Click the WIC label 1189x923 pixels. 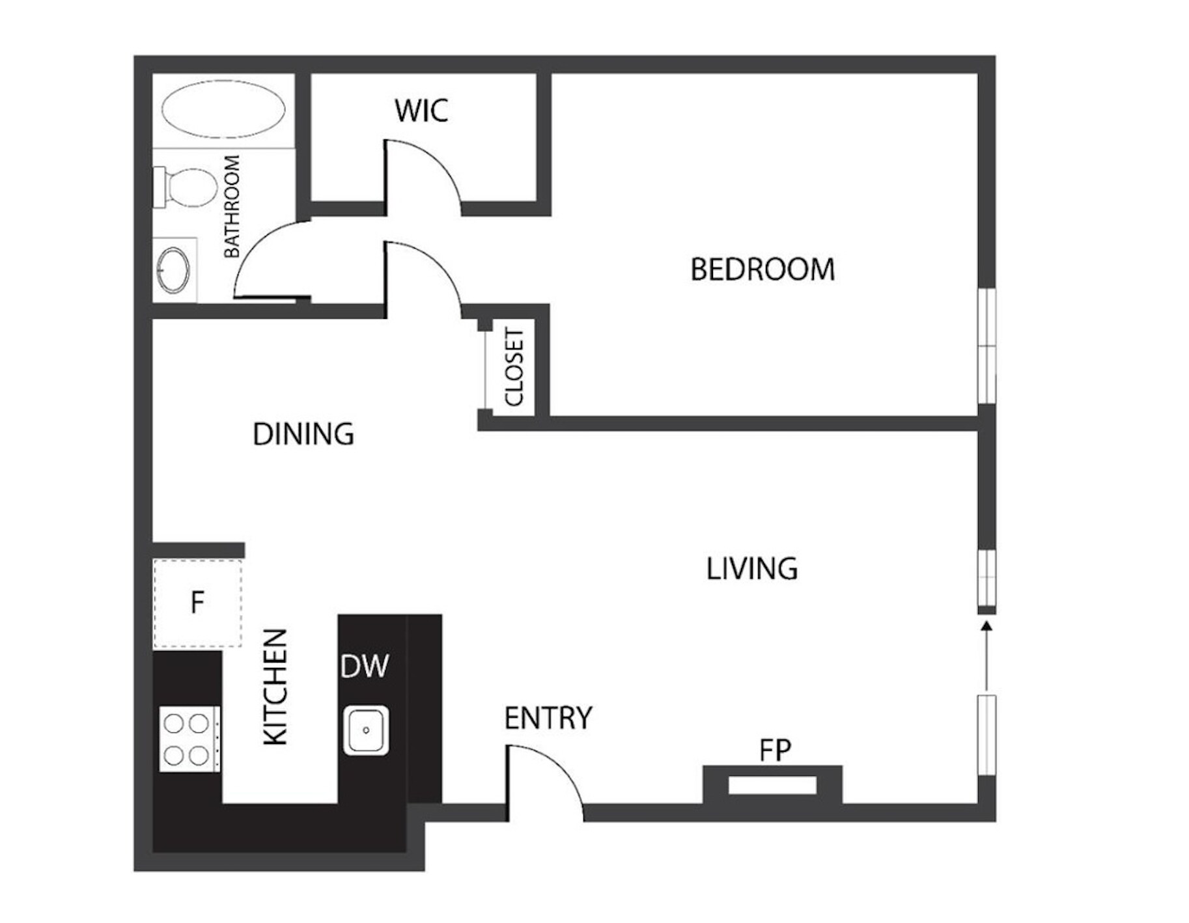(421, 111)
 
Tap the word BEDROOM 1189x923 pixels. (762, 269)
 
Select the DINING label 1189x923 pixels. (303, 434)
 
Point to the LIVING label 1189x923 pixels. (752, 569)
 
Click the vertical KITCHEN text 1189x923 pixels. (275, 687)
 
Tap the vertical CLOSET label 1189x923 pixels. (514, 368)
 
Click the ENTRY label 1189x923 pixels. (548, 718)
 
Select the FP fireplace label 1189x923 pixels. (775, 751)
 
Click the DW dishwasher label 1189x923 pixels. (365, 667)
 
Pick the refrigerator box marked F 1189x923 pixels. (198, 603)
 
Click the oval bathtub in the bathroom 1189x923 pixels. (223, 109)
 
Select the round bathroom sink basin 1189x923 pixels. (175, 269)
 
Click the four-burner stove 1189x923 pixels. (188, 739)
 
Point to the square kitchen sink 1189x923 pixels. (366, 730)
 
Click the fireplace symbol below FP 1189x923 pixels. (772, 786)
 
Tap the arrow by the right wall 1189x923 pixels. (986, 654)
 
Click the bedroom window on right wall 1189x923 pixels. (987, 346)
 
